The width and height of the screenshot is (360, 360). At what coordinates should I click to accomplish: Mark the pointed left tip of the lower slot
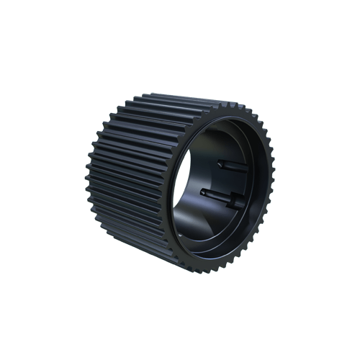pos(204,191)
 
